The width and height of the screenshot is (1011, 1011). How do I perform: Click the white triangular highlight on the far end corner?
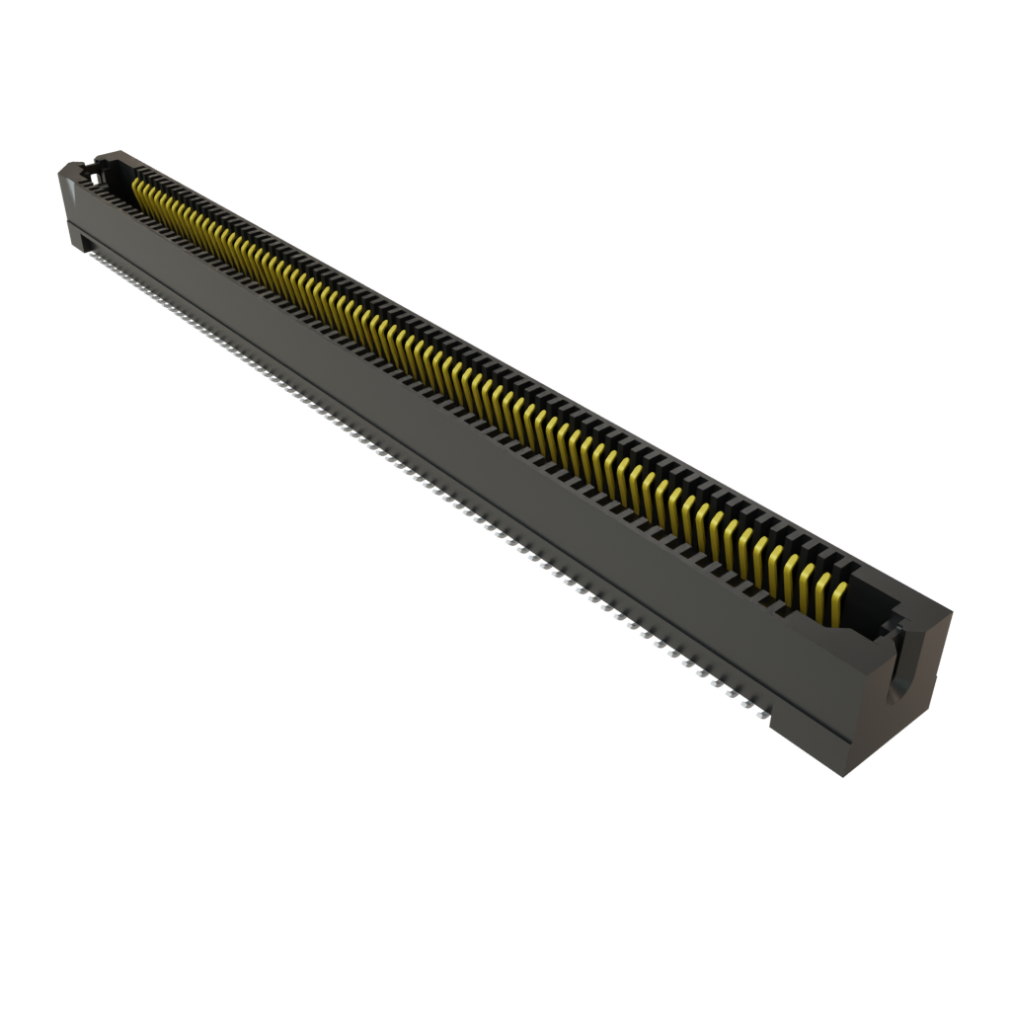click(69, 169)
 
